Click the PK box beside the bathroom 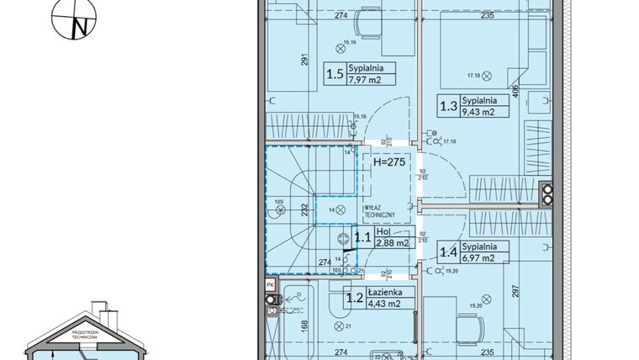point(270,286)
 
